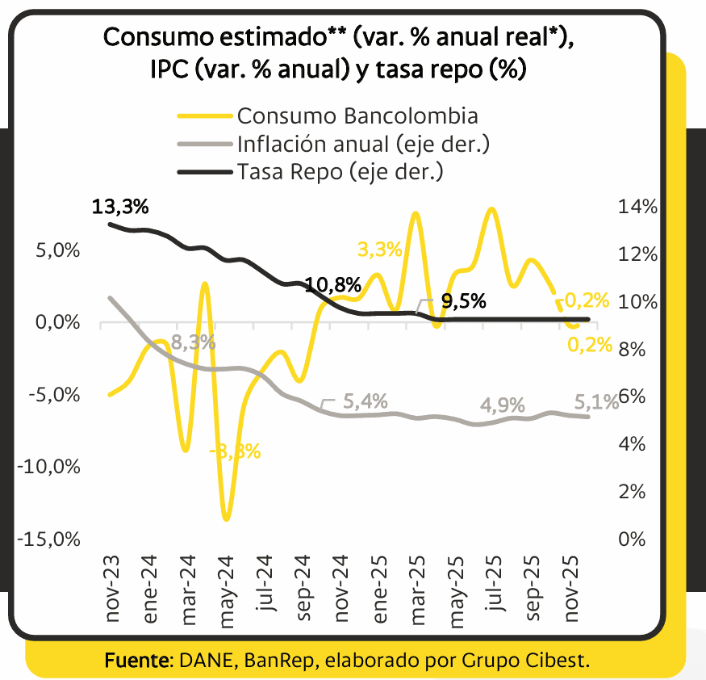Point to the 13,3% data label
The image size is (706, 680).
pos(121,207)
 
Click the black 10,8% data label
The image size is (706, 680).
pos(332,285)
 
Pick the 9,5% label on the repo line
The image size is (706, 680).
pos(464,302)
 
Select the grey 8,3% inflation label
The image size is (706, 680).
pos(194,342)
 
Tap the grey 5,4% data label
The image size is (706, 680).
pos(366,401)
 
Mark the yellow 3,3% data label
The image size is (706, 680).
pos(379,250)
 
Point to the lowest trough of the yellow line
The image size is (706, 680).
pos(227,518)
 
